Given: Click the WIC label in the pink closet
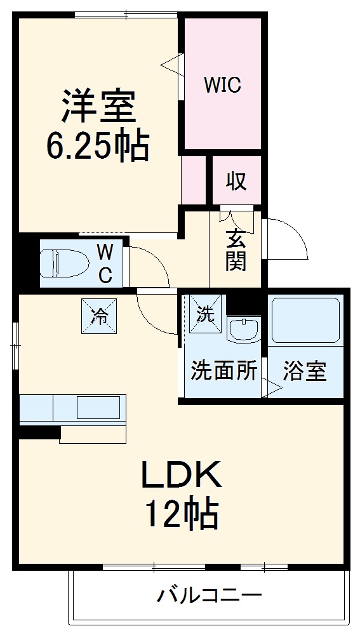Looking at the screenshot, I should pyautogui.click(x=222, y=85).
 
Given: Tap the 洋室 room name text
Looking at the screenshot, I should pyautogui.click(x=98, y=106).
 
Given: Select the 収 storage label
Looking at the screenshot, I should pyautogui.click(x=236, y=182).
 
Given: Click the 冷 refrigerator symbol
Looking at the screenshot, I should pyautogui.click(x=99, y=314).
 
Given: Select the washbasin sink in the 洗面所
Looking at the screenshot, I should pyautogui.click(x=244, y=330).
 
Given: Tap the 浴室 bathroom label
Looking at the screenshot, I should pyautogui.click(x=305, y=371).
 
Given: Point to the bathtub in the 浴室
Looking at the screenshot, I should pyautogui.click(x=307, y=320).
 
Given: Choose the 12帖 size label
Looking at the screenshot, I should pyautogui.click(x=182, y=514).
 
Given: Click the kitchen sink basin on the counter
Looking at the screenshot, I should pyautogui.click(x=98, y=406).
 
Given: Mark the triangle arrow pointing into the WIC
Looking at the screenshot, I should pyautogui.click(x=171, y=64).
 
